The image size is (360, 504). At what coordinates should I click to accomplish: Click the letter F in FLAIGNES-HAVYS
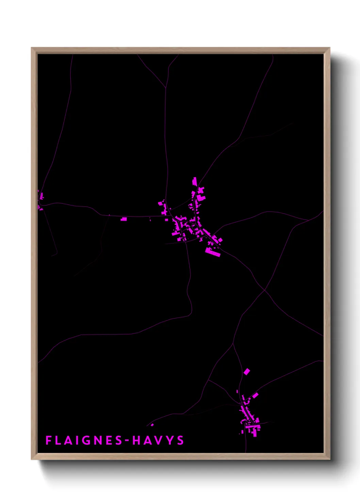point(48,440)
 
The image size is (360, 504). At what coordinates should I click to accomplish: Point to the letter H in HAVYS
point(136,440)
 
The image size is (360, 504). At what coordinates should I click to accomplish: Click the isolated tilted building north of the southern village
point(247,372)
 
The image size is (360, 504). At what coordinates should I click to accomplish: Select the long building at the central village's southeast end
point(213,252)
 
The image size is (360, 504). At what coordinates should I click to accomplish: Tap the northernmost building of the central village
point(195,181)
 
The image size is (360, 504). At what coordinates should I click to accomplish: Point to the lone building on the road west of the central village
point(124,219)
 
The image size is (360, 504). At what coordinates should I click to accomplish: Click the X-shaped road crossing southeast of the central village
point(265,290)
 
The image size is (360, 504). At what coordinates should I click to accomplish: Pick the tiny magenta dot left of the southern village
point(152,425)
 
